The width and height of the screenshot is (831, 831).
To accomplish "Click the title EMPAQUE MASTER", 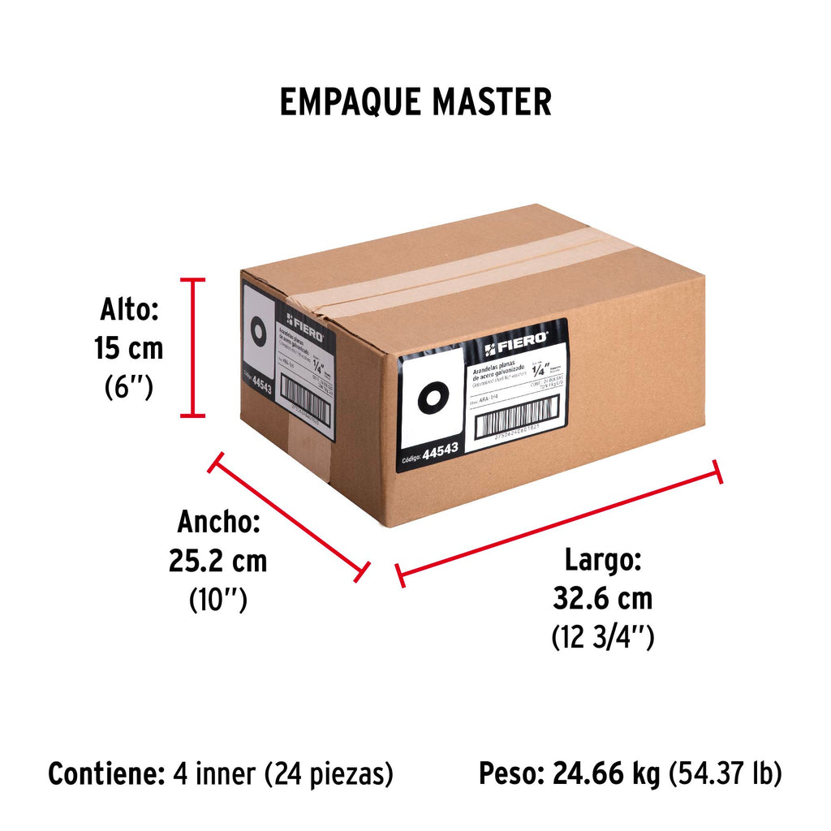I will [415, 102].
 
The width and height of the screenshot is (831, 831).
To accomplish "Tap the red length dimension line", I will [559, 523].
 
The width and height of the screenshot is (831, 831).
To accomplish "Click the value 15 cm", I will [128, 349].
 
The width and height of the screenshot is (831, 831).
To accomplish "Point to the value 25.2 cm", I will [217, 561].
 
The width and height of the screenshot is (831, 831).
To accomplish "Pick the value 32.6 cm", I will [602, 599].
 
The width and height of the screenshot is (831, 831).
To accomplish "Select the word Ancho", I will [218, 522].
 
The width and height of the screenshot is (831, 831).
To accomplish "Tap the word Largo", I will [604, 560].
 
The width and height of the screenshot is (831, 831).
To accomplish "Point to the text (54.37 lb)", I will [725, 774].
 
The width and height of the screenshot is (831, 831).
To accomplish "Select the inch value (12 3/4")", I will [602, 638].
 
